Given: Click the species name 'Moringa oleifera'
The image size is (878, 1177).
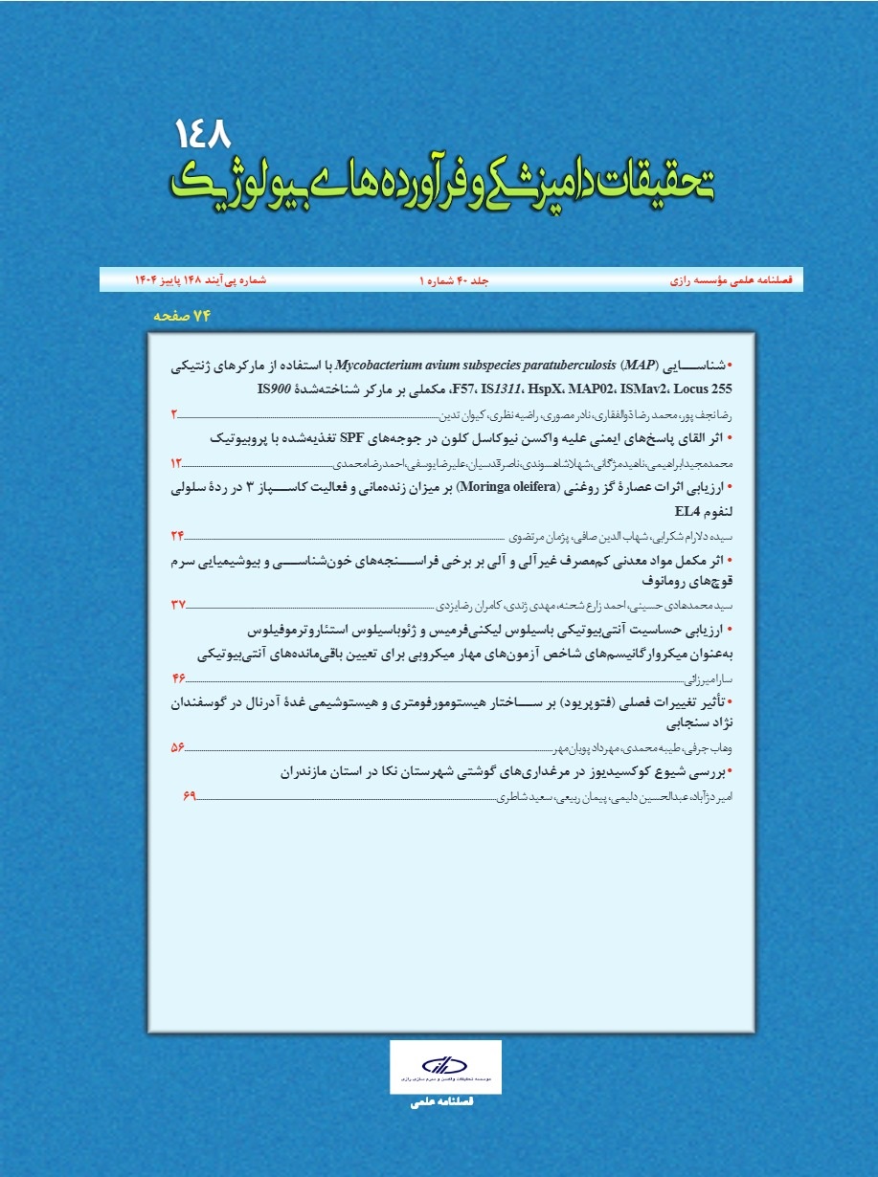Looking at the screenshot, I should click(511, 487).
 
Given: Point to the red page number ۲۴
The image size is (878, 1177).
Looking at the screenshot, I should click(178, 535).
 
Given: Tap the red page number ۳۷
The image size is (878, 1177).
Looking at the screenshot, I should click(178, 605).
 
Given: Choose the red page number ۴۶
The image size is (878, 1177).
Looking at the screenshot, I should click(178, 678).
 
